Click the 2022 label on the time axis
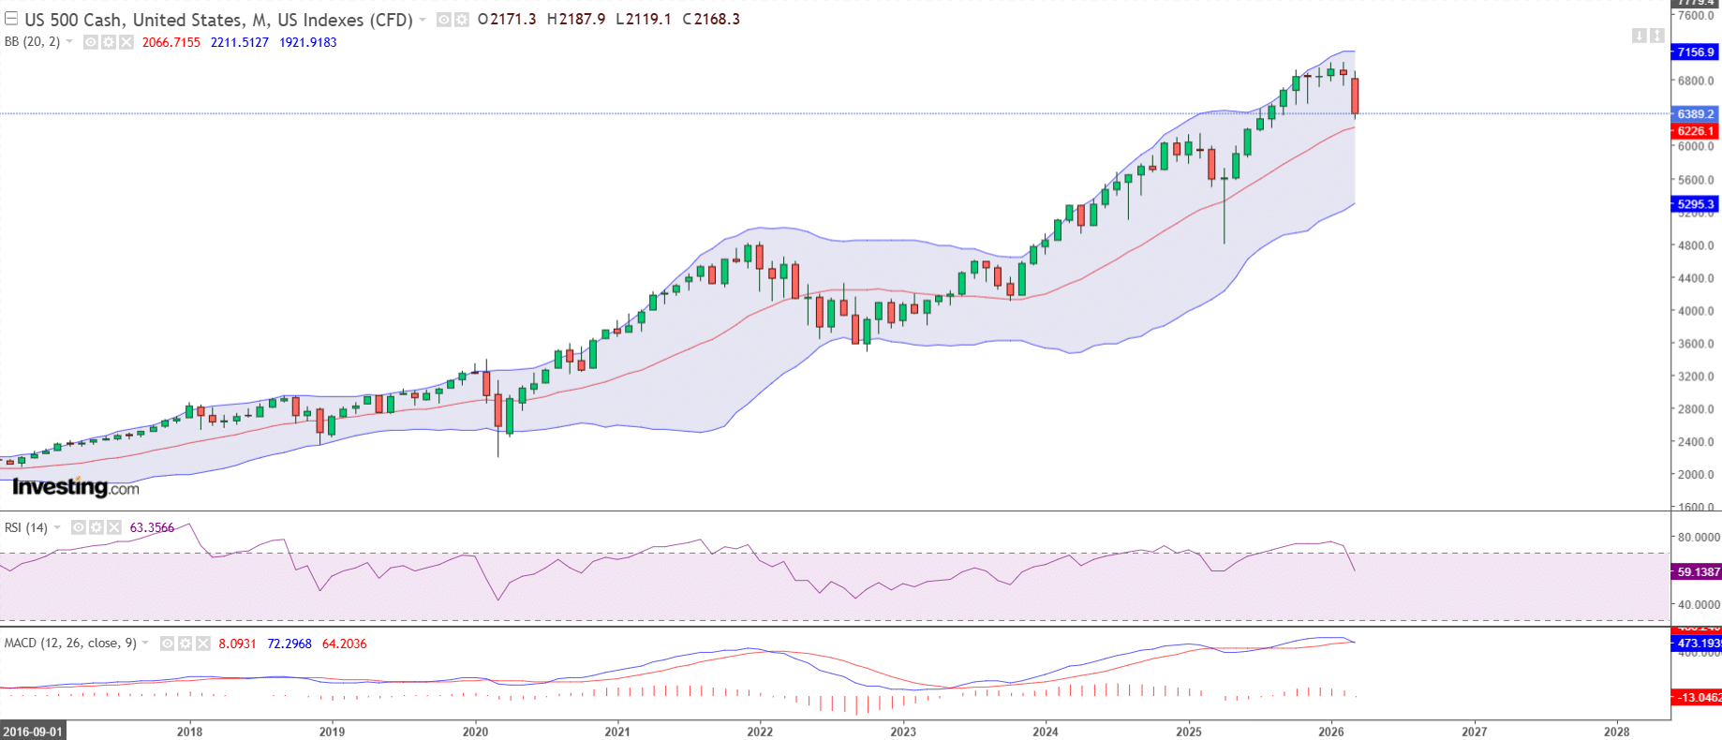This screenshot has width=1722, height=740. coord(760,732)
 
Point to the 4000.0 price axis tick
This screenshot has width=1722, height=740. coord(1696,311)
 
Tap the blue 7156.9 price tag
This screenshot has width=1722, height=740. coord(1696,52)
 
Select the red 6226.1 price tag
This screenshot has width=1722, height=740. coord(1696,131)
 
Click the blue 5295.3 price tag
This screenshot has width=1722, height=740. coord(1696,204)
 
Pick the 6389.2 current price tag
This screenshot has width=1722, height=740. coord(1696,114)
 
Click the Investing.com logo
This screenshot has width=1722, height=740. coord(76,487)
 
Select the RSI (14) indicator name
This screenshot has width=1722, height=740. coord(26,527)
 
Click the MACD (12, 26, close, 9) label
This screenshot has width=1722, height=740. coord(70,644)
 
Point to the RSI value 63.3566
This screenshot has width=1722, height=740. coord(152,527)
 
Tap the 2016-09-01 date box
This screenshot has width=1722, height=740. coord(34,732)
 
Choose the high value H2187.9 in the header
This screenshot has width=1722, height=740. coord(576,19)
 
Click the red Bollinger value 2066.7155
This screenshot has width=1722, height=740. coord(171,42)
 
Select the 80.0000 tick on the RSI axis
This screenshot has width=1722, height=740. coord(1698,538)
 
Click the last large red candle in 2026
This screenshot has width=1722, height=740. coord(1355,96)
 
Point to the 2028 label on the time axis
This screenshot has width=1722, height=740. coord(1616,732)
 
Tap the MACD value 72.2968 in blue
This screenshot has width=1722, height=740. coord(289,644)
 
